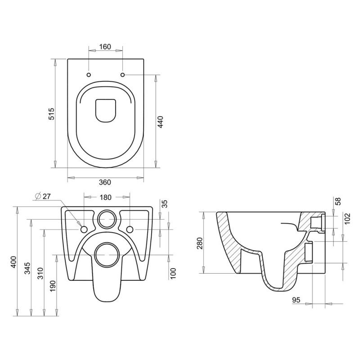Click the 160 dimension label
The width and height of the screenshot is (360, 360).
point(105,47)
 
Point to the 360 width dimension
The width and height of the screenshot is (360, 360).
point(105,182)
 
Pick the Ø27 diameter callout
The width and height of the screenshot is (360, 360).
point(43,196)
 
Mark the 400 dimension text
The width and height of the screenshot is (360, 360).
point(13,262)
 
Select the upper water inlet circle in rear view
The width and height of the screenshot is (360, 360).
point(107,219)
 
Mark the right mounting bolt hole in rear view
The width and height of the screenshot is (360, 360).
point(130,229)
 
